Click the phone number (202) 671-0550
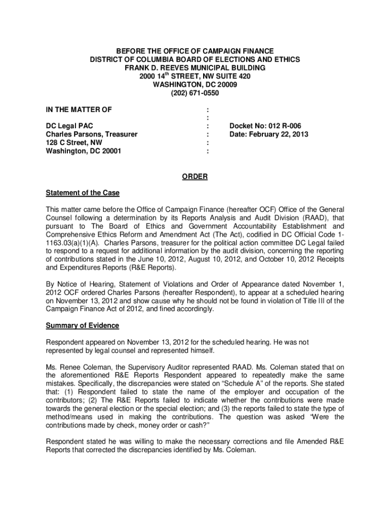[x=195, y=93]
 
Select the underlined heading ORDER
[x=195, y=177]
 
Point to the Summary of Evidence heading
[x=83, y=325]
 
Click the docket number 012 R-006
[x=289, y=126]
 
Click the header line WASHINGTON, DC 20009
[x=195, y=85]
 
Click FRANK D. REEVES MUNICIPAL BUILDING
[x=195, y=68]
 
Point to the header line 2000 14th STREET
[x=195, y=76]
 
